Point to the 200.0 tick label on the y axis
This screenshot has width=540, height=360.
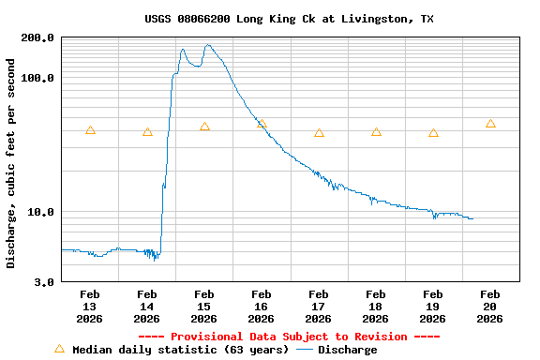coord(37,37)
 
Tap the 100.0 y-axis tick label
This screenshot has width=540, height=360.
coord(37,78)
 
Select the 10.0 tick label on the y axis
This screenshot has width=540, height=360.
coord(40,212)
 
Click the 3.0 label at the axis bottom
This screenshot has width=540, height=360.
coord(44,281)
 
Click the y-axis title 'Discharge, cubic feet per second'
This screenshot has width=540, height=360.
coord(11,163)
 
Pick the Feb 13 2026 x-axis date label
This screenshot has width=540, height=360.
coord(89,307)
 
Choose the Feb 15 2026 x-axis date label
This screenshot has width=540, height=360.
coord(203,307)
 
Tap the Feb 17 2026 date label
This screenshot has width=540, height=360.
coord(318,307)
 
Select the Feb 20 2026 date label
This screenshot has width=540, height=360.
coord(489,307)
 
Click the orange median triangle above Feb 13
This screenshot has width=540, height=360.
coord(90,130)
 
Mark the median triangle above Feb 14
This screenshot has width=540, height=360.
coord(147,132)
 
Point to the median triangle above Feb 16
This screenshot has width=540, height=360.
coord(262,124)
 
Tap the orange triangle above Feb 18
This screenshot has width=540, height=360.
coord(376,132)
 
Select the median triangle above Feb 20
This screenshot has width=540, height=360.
coord(490,124)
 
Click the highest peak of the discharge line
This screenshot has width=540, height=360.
coord(208,45)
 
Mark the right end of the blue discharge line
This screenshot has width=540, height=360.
coord(472,218)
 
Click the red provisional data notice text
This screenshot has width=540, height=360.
coord(289,337)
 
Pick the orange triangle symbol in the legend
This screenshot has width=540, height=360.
coord(60,349)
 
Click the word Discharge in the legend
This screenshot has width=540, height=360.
coord(347,350)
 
